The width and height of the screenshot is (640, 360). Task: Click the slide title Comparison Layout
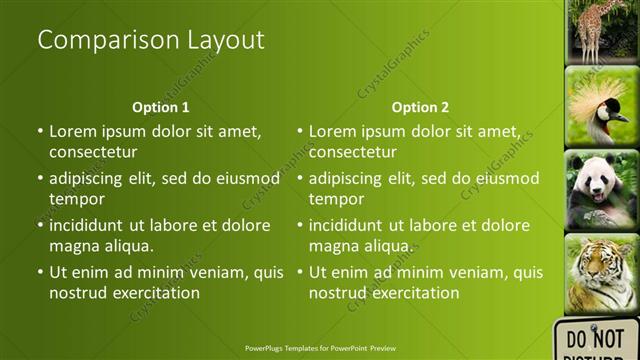click(150, 41)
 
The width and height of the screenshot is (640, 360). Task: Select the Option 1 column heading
click(160, 107)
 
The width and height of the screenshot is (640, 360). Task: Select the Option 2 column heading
click(420, 107)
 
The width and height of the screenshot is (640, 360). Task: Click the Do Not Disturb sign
click(597, 341)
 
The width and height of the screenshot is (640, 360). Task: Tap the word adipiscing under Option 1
click(94, 180)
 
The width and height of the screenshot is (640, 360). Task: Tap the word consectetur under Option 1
click(94, 152)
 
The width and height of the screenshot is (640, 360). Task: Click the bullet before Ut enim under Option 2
click(299, 272)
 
